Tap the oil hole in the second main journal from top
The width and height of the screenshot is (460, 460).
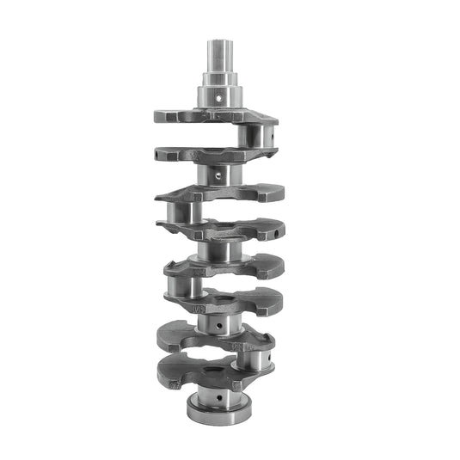pos(218,175)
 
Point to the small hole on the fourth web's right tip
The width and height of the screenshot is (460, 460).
pos(273,228)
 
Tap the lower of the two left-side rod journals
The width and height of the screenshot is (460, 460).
pos(184,285)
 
